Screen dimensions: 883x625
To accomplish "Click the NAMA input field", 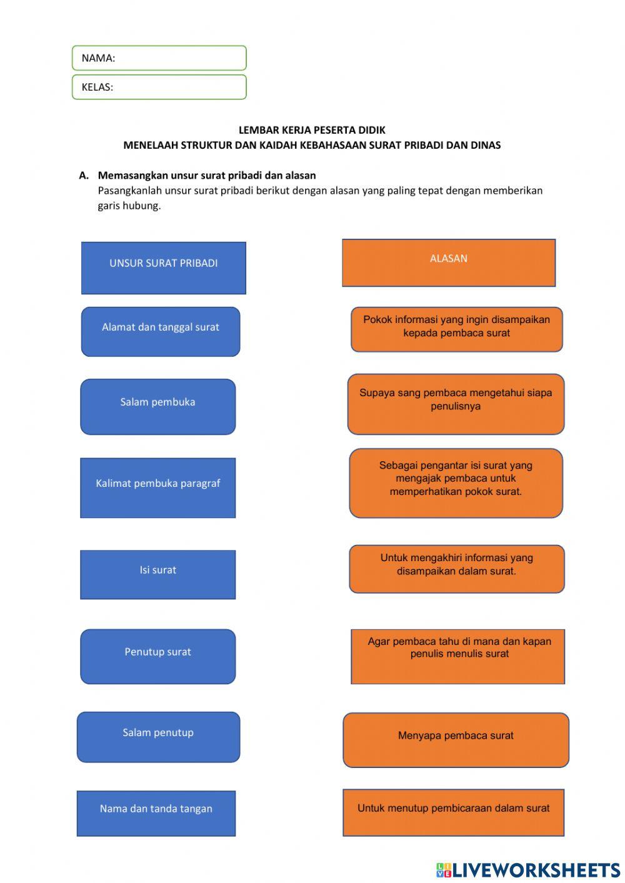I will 159,58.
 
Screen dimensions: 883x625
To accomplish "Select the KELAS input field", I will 159,87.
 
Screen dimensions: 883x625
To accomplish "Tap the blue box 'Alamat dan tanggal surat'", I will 161,332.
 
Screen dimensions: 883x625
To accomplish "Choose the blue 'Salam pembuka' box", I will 158,407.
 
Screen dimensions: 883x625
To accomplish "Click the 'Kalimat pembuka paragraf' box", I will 158,488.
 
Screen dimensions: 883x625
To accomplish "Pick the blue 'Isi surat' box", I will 158,575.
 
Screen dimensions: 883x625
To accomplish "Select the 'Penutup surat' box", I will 158,657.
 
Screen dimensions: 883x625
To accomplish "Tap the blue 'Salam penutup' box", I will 159,737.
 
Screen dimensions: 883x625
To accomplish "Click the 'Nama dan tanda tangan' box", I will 156,814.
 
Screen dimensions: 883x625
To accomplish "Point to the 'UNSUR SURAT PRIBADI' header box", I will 164,268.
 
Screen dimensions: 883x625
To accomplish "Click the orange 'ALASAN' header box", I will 449,263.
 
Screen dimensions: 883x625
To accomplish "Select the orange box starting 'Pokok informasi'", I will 457,329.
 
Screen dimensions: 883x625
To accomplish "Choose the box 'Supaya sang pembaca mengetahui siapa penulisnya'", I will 456,404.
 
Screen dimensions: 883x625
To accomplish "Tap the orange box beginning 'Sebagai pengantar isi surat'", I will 456,483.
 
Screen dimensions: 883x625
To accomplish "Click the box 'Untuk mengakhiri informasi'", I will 457,569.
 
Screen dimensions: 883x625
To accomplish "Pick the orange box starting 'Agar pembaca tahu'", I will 458,657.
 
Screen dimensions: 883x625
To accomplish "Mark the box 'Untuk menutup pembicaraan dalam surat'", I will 454,812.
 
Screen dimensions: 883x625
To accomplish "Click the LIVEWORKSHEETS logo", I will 528,870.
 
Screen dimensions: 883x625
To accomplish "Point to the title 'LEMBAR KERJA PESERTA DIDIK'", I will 312,130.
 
